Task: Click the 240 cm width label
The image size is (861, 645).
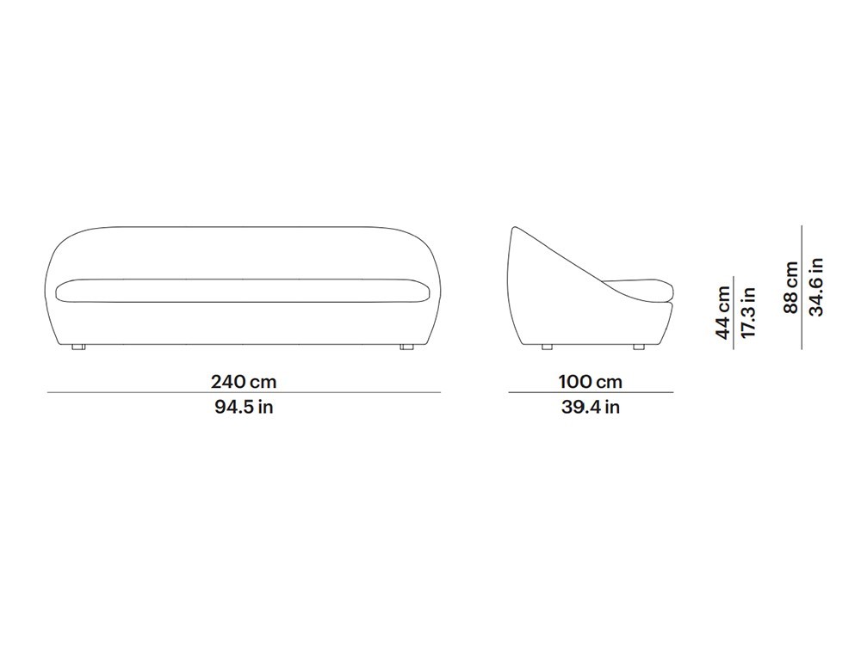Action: (244, 381)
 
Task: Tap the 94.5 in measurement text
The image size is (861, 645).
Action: (244, 407)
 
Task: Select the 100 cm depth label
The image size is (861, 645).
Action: (591, 381)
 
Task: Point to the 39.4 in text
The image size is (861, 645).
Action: (591, 407)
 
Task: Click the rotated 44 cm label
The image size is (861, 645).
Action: (723, 313)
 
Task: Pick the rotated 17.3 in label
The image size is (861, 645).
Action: (748, 313)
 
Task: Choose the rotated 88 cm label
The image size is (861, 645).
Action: (790, 287)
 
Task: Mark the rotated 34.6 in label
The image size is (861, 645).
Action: (816, 287)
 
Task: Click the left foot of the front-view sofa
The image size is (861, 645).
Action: (78, 347)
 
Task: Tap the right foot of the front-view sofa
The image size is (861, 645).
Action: (407, 347)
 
